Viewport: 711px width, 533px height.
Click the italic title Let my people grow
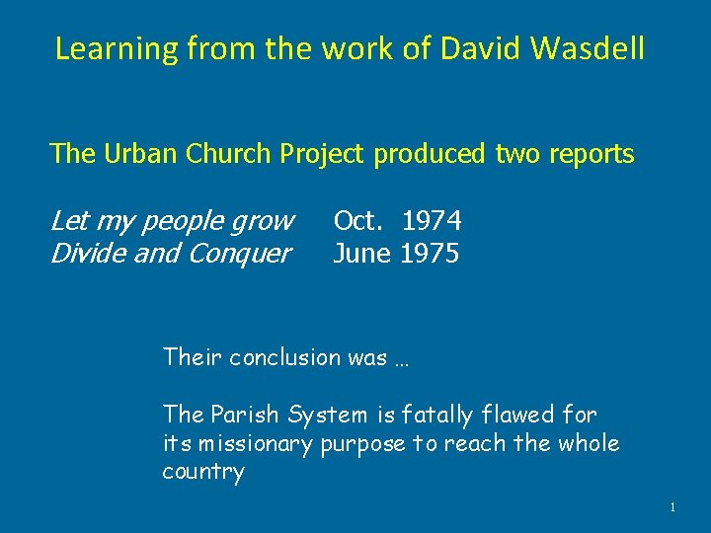point(172,219)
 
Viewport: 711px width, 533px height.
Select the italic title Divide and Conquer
point(170,254)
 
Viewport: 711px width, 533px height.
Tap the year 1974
point(432,219)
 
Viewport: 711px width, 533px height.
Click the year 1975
point(430,254)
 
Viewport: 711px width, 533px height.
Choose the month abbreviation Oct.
point(359,219)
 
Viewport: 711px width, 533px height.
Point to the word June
point(361,254)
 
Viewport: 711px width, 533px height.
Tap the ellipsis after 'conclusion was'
point(402,359)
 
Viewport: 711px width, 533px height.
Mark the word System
point(329,416)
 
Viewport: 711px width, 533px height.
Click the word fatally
point(452,416)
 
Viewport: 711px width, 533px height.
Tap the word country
point(202,472)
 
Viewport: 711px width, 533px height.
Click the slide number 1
point(672,507)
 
